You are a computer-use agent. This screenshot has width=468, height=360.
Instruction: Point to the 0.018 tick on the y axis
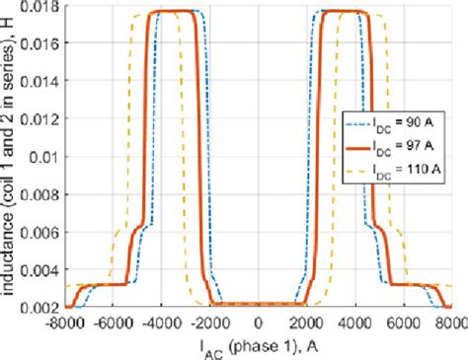[x=44, y=9]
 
